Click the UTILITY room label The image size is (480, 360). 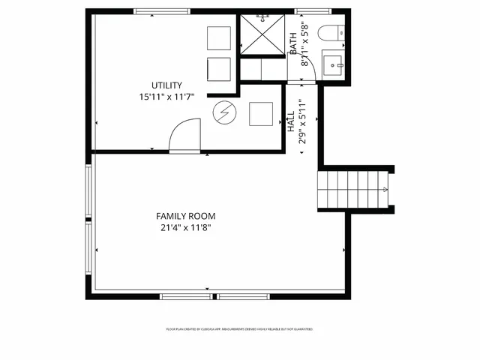pos(166,85)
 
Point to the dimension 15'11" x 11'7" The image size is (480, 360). pos(166,97)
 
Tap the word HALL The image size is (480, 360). pos(291,123)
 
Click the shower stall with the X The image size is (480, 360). pos(263,33)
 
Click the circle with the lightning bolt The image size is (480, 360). pos(223,113)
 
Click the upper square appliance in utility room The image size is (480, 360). pos(218,37)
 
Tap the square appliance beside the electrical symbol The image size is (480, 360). pos(260,113)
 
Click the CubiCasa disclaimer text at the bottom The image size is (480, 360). pos(238,329)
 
